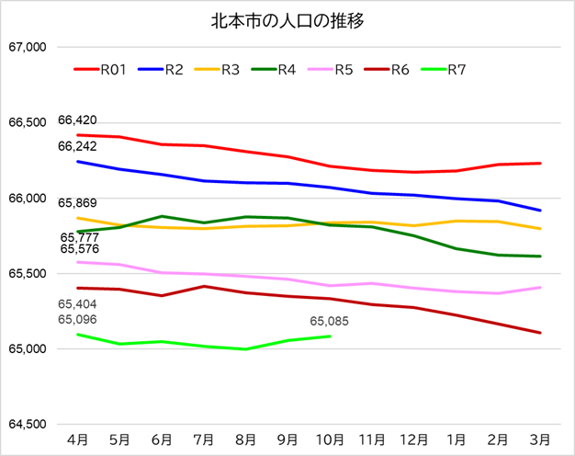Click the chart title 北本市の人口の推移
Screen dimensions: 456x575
point(287,19)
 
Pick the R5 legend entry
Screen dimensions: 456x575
point(344,69)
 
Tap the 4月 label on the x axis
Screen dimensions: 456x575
point(78,439)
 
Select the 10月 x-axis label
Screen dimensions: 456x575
point(330,439)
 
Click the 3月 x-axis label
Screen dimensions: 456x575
point(540,439)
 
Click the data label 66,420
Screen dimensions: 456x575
point(77,120)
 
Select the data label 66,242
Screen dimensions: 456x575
point(77,146)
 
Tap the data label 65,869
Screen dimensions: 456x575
point(77,203)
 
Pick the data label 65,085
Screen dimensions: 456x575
point(330,322)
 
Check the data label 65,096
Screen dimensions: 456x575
point(77,319)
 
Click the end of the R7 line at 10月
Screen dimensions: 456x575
point(330,336)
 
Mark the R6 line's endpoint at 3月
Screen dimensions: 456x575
point(540,333)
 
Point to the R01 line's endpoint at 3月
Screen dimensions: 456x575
point(540,164)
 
